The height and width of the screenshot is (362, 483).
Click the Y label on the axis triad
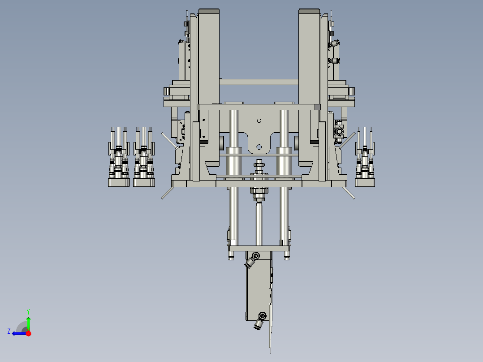(x=28, y=310)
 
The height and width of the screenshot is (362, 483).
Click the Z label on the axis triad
(x=9, y=331)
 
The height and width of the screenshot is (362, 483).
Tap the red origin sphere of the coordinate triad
(x=28, y=333)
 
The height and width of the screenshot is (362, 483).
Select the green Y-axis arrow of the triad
(x=28, y=323)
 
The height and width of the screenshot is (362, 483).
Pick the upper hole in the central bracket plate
(x=259, y=120)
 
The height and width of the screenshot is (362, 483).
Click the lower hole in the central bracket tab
(x=259, y=147)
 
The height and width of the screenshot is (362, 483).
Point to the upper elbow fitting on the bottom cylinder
(x=252, y=260)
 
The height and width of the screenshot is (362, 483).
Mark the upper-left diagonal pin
(x=169, y=140)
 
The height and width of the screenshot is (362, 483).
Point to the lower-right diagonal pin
(x=348, y=193)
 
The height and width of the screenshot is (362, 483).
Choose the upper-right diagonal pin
(x=348, y=140)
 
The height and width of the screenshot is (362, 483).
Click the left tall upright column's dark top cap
(x=209, y=11)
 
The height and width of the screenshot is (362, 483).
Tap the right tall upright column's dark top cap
(x=309, y=11)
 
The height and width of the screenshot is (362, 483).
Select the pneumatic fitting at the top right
(x=334, y=44)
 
